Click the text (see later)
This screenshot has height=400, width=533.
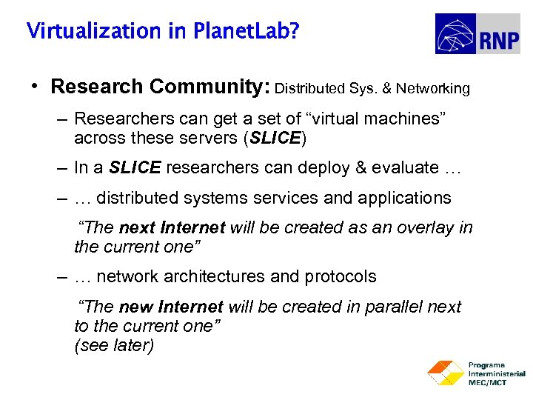tap(114, 345)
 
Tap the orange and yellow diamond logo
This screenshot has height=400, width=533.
tap(444, 373)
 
